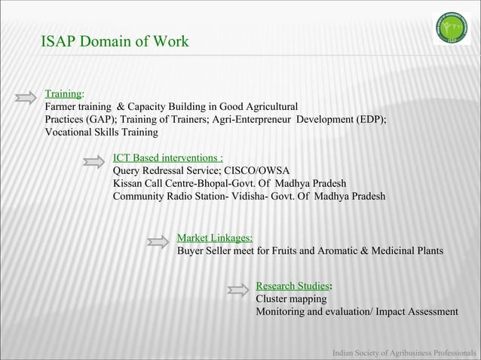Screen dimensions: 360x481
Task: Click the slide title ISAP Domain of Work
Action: tap(115, 41)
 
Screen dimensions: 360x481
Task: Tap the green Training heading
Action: tap(63, 94)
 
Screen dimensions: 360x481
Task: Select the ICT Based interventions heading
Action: tap(167, 158)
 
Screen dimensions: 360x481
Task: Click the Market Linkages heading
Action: tap(214, 238)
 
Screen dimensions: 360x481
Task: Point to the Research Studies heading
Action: tap(293, 286)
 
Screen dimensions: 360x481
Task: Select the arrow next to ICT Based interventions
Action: tap(94, 160)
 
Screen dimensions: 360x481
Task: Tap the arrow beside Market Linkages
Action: tap(158, 241)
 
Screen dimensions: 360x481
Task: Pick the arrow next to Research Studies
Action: tap(237, 289)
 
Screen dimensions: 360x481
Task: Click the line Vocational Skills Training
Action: tap(101, 133)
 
